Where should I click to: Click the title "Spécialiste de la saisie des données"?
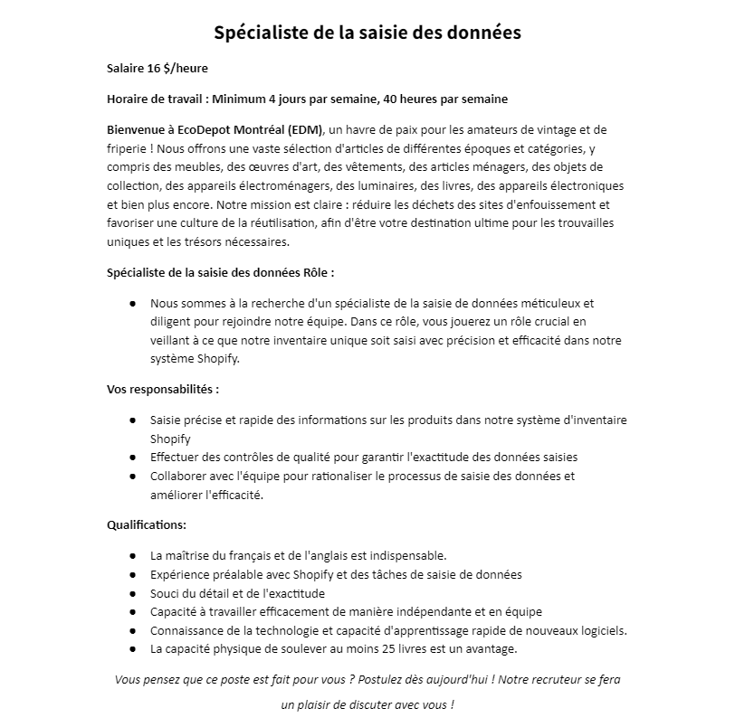(367, 33)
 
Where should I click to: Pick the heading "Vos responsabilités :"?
(163, 390)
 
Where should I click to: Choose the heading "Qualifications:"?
(147, 525)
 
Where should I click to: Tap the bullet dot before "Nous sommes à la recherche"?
(132, 304)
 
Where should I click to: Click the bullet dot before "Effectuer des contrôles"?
(132, 458)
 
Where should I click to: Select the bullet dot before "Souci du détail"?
(132, 594)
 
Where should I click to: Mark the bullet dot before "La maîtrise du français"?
(132, 555)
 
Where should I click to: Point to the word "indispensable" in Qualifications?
(407, 555)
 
